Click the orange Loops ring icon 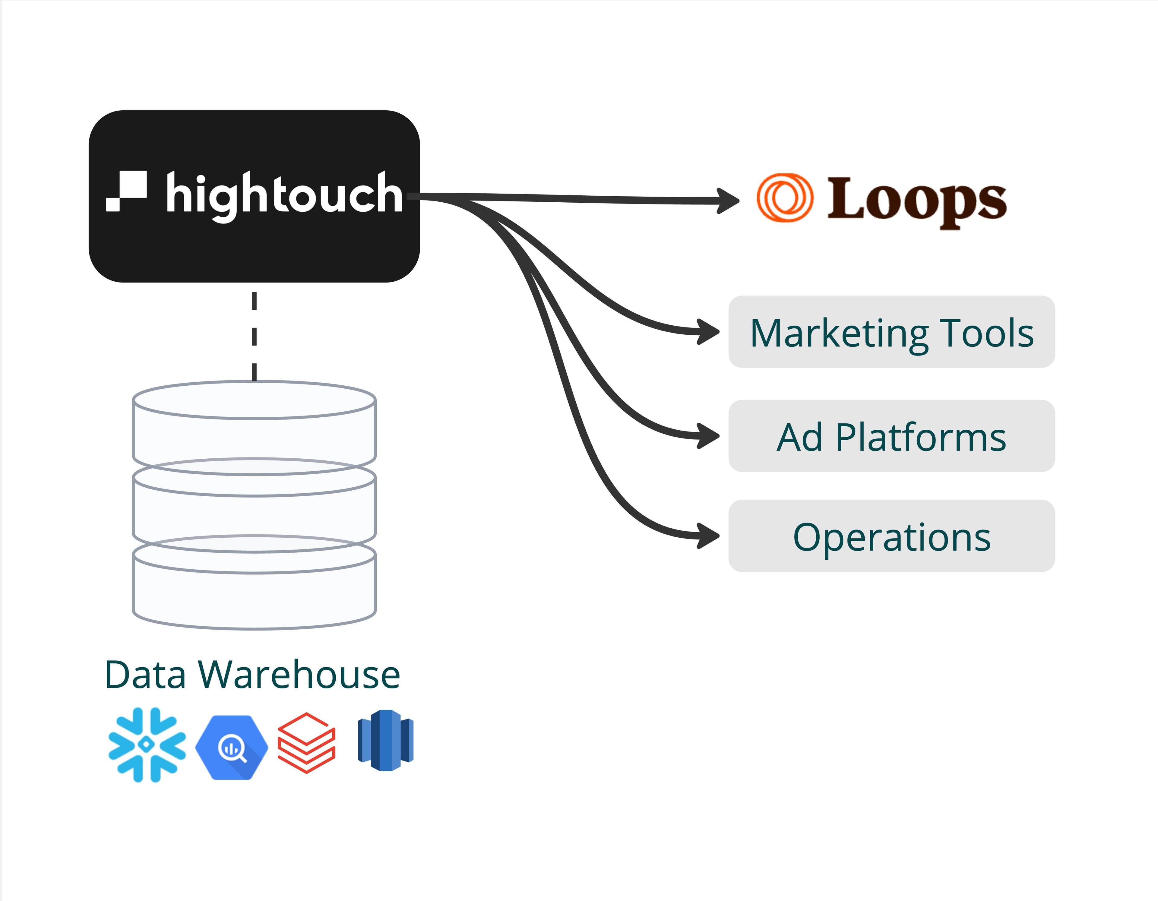784,197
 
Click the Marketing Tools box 891,332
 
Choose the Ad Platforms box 891,436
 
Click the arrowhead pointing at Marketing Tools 709,332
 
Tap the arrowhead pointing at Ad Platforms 709,436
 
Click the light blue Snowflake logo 147,745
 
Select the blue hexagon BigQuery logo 232,747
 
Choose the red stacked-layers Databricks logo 306,742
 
